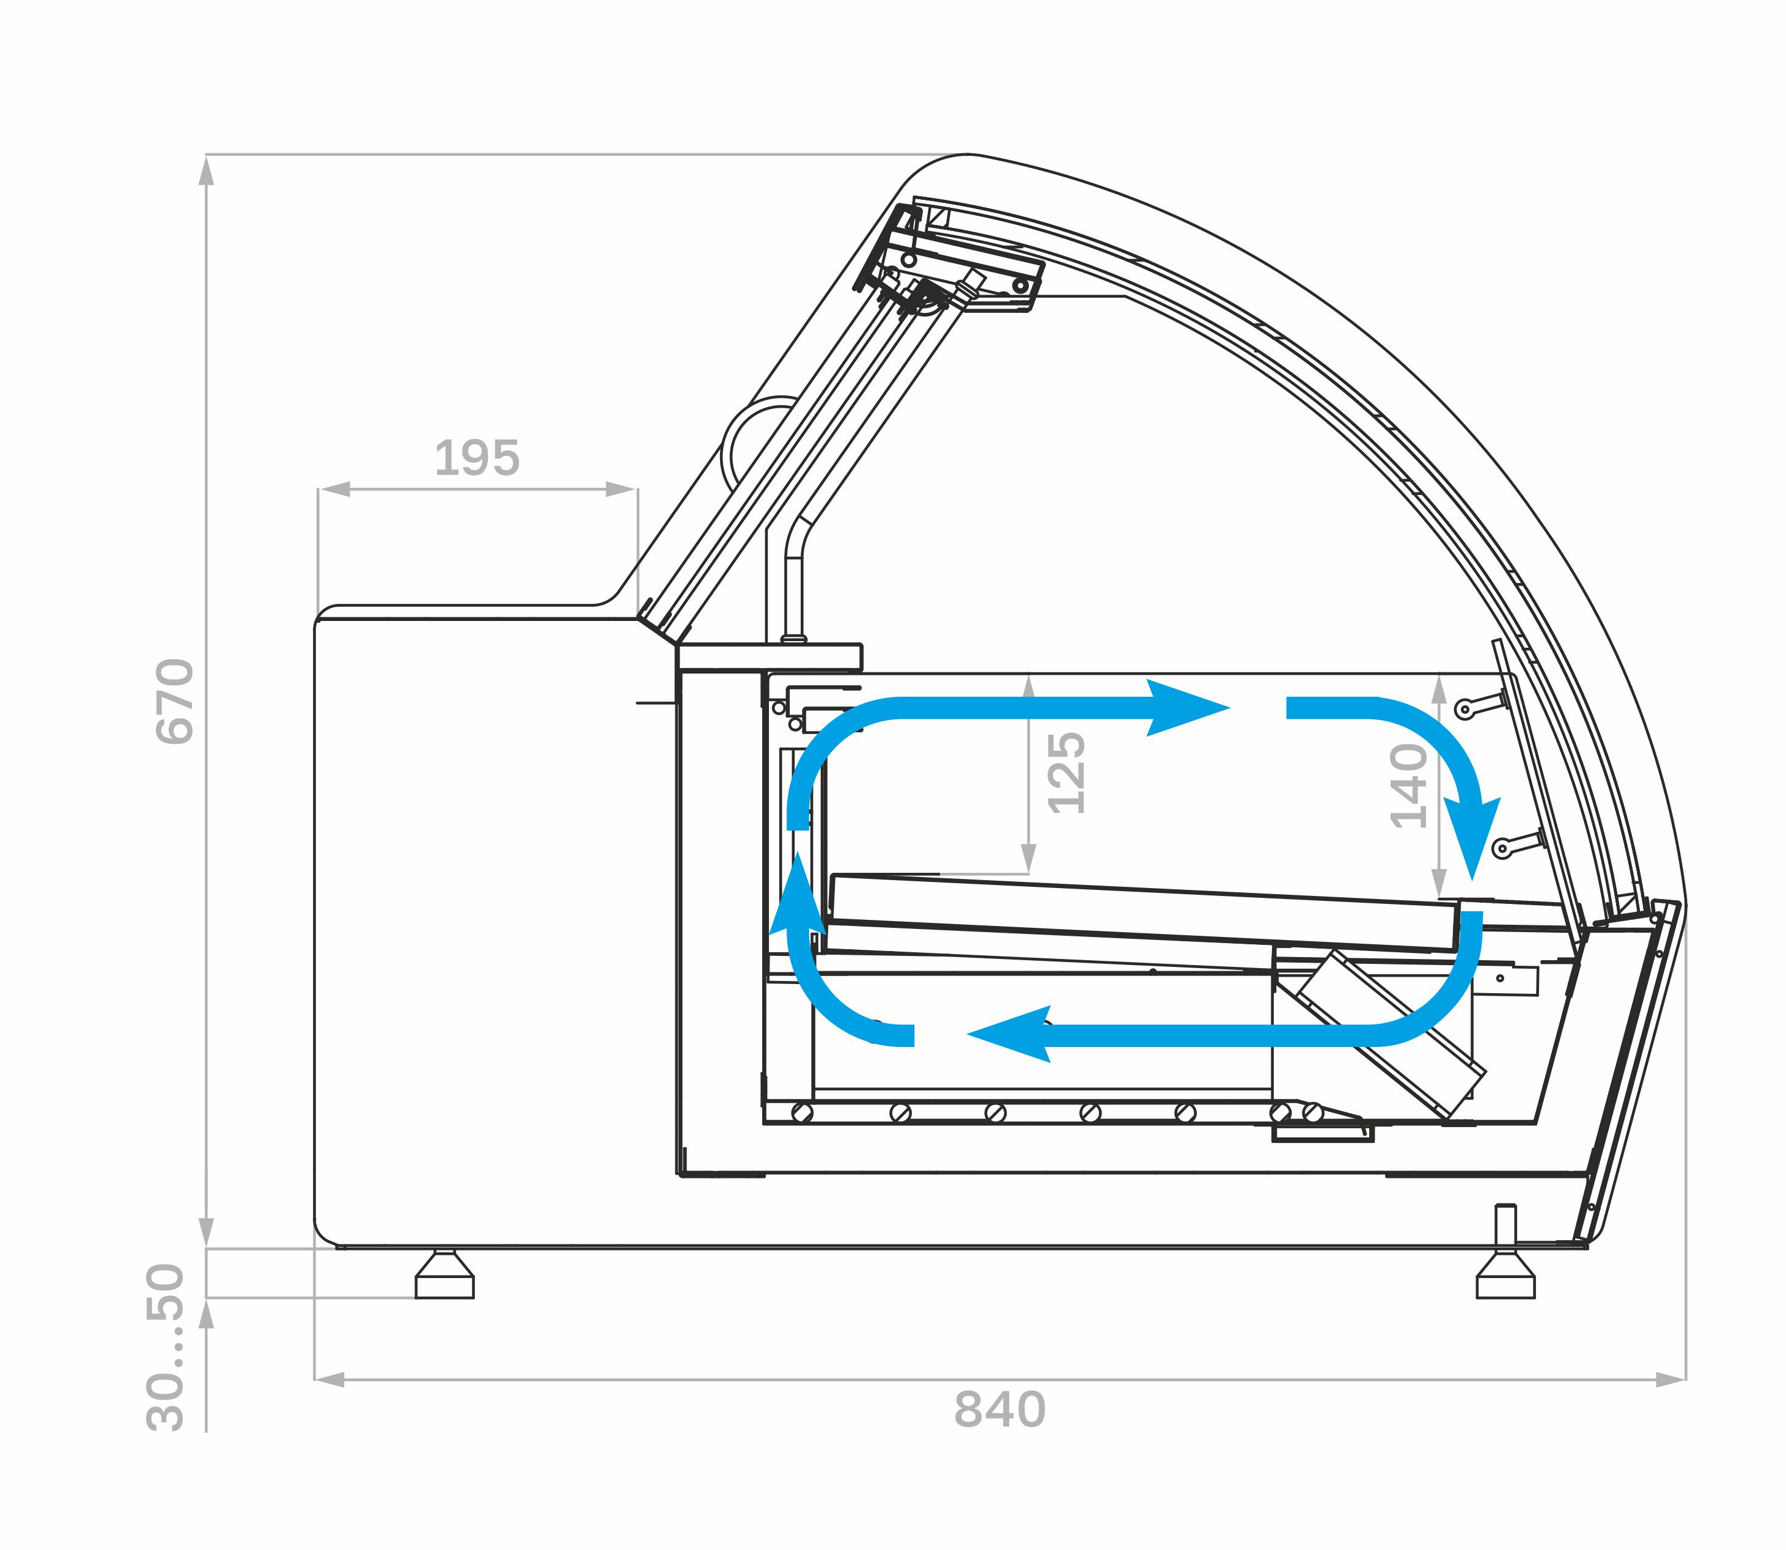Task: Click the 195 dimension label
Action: [x=477, y=458]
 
